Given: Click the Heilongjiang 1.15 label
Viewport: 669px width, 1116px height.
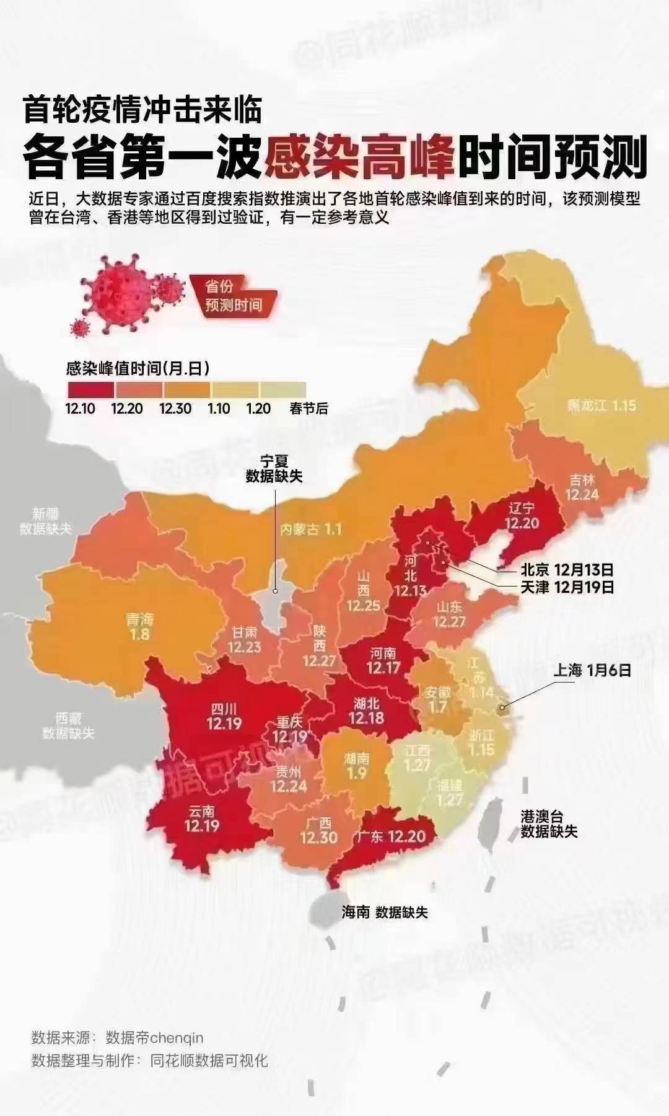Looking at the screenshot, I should click(x=601, y=405).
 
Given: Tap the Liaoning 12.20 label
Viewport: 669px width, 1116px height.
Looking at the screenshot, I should click(x=522, y=515).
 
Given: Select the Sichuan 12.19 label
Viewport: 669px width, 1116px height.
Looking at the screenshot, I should click(x=224, y=716).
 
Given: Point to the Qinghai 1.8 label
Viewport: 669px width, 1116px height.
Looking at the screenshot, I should click(x=140, y=626).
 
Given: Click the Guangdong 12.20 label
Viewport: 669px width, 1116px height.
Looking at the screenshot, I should click(x=391, y=836).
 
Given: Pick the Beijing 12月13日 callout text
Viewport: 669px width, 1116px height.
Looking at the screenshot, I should click(x=567, y=569).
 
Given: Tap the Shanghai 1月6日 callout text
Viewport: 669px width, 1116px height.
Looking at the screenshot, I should click(x=592, y=670).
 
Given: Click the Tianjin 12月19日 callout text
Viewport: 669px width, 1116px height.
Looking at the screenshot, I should click(x=567, y=587).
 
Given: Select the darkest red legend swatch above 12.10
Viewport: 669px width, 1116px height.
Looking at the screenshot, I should click(x=90, y=389).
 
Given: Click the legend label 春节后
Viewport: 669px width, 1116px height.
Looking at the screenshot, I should click(x=308, y=409).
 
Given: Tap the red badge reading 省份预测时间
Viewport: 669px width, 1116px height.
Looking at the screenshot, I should click(x=234, y=296).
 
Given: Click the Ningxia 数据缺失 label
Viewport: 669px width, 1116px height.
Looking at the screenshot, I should click(x=274, y=469).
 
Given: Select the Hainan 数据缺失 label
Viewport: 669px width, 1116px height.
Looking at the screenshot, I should click(x=385, y=912).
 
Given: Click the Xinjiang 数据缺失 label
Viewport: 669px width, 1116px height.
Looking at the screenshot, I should click(x=46, y=521).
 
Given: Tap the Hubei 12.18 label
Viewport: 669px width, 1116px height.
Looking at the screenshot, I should click(x=367, y=711).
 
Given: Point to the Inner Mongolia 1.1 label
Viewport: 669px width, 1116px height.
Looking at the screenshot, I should click(x=310, y=529).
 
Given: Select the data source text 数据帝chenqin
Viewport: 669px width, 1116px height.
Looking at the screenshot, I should click(x=154, y=1037).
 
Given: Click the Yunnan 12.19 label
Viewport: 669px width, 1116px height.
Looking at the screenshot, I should click(x=202, y=818).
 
